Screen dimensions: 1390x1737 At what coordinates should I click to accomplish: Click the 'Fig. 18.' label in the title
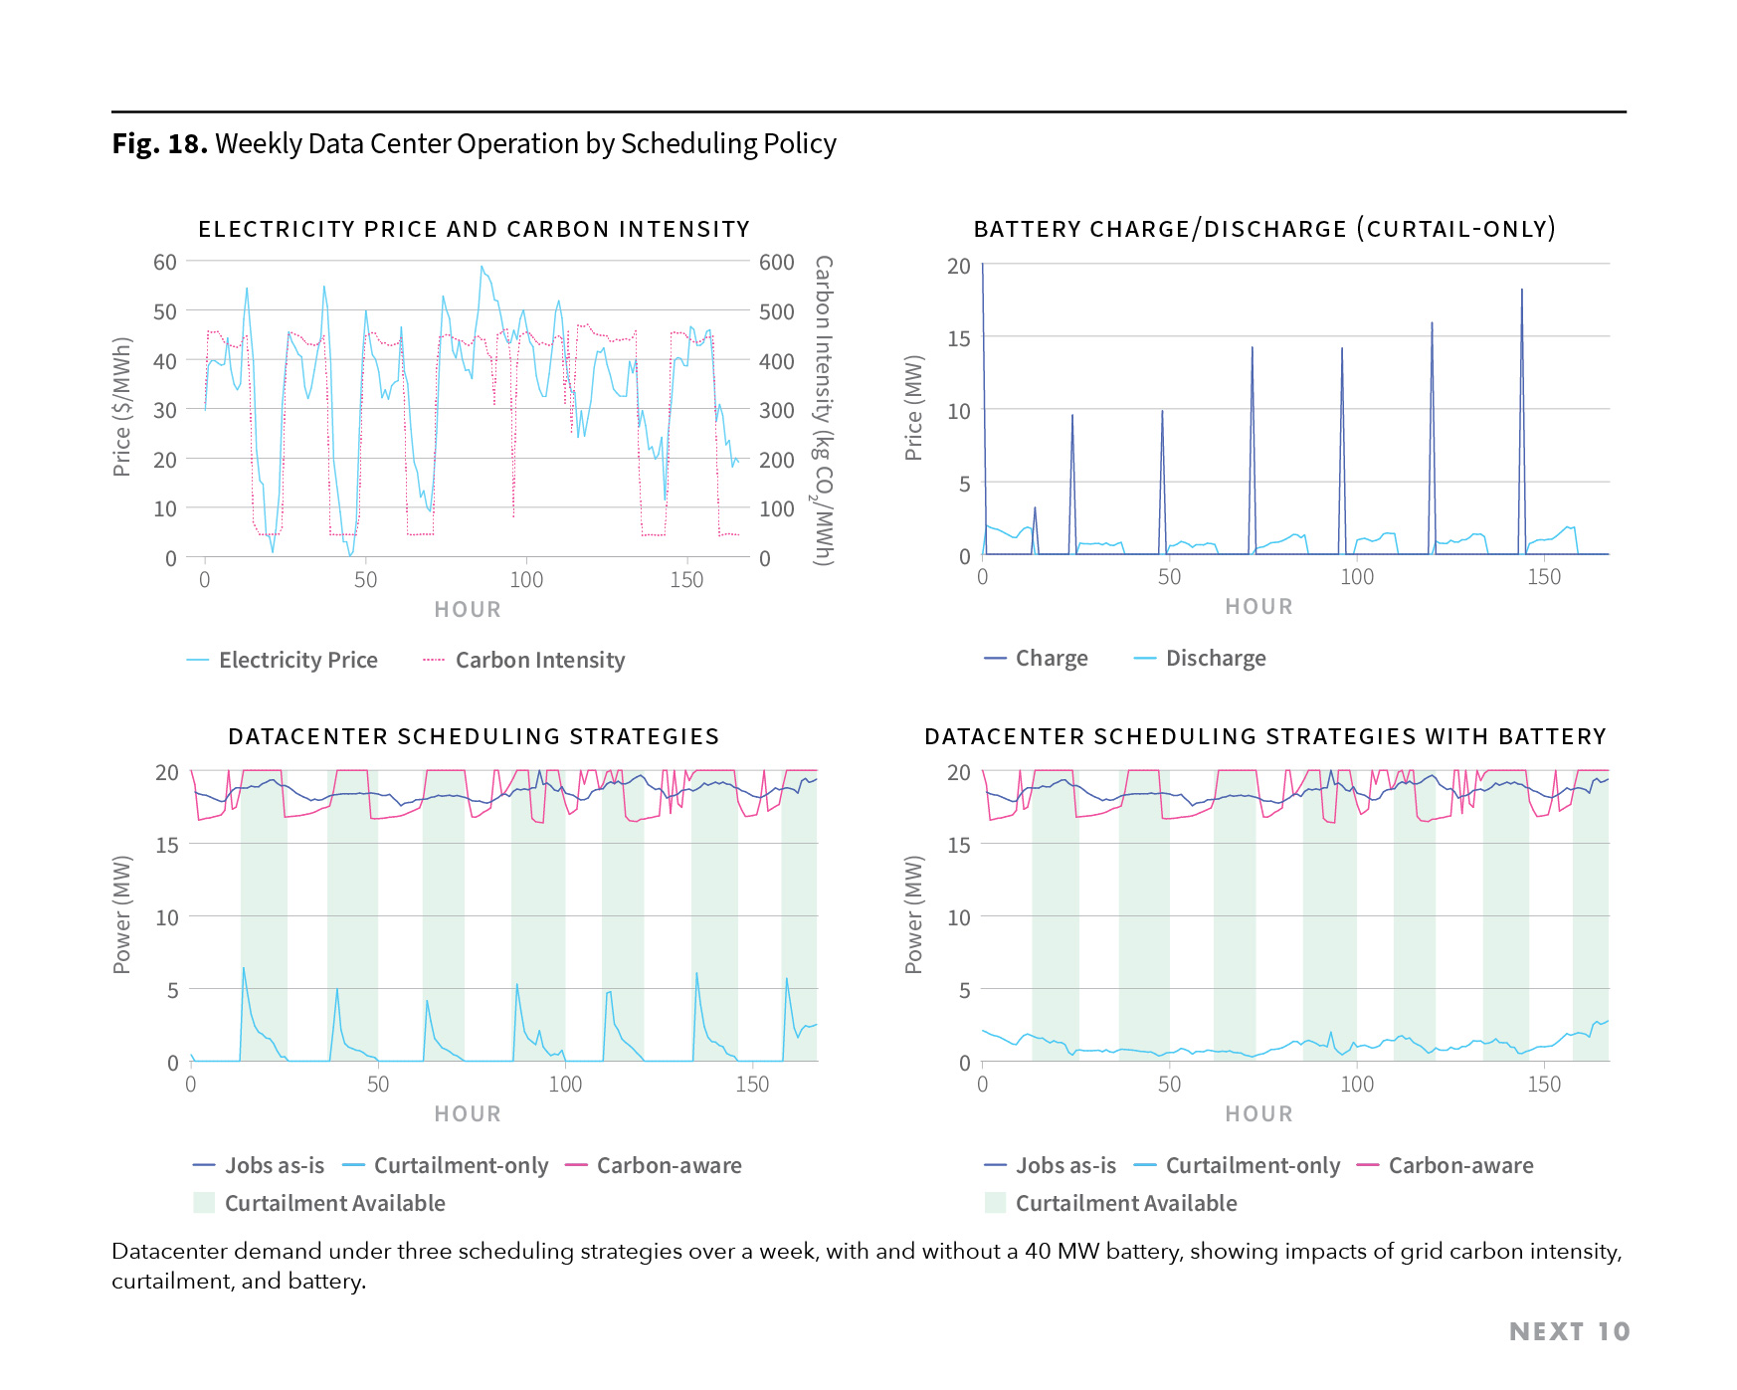[159, 144]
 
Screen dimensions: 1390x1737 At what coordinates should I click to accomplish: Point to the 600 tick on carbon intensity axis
[776, 263]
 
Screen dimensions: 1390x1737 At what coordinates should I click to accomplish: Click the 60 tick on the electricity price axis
[164, 263]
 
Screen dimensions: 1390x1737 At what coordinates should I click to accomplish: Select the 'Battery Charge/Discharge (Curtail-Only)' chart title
[1263, 229]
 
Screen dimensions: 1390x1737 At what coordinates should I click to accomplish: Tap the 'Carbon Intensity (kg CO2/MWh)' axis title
[823, 410]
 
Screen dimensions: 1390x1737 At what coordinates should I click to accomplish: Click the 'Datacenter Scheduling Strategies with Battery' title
[1264, 736]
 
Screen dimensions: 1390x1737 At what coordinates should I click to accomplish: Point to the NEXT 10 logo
[1569, 1332]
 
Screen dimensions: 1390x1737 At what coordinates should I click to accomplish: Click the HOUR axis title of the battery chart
[1258, 607]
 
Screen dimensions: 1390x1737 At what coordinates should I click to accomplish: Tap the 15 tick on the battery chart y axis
[958, 339]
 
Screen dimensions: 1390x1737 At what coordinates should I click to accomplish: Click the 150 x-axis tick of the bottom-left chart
[752, 1085]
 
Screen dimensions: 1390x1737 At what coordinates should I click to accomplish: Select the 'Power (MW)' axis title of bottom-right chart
[913, 913]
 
